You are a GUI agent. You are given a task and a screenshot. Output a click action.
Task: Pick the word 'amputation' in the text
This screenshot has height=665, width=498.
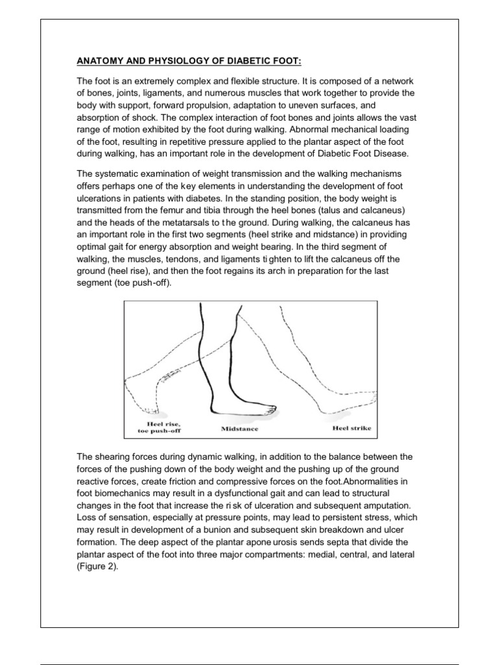[x=383, y=505]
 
